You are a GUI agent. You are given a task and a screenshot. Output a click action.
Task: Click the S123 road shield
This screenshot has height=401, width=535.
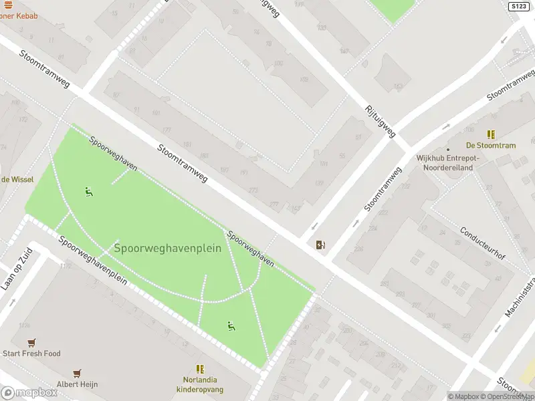[x=518, y=6]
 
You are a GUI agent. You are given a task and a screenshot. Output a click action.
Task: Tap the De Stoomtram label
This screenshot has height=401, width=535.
[x=491, y=146]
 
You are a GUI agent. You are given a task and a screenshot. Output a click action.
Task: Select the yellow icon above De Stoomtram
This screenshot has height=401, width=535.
[x=492, y=134]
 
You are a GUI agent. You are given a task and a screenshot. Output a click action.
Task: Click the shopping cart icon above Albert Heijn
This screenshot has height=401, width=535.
[x=78, y=373]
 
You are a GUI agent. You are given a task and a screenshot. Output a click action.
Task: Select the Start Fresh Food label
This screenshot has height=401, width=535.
[x=31, y=354]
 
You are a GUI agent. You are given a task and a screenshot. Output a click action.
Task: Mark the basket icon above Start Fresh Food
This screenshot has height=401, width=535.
[x=31, y=342]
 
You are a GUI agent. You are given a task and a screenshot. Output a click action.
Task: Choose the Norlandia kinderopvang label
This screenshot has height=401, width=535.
[x=200, y=384]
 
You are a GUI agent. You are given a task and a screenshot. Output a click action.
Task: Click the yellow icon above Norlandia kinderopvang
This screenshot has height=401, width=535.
[x=200, y=368]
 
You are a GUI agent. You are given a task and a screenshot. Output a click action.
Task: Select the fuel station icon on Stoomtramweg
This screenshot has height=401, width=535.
[x=321, y=245]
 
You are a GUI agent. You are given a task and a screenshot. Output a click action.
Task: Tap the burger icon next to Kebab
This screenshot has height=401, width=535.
[x=7, y=5]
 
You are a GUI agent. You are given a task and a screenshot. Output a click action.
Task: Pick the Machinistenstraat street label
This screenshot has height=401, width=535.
[x=520, y=294]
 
